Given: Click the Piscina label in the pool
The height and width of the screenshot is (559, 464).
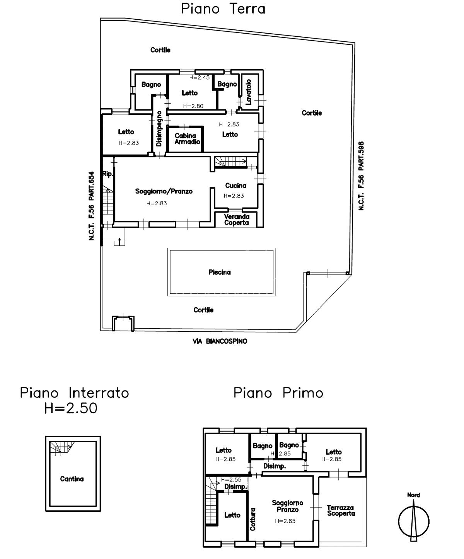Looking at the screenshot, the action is coord(220,272).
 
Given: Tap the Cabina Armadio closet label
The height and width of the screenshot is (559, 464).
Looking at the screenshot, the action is coord(187,139).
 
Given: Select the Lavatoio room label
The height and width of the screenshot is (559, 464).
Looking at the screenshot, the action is coord(249,92).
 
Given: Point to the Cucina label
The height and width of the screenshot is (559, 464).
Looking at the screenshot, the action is coord(235,186).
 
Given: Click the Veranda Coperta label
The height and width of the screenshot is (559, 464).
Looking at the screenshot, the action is coord(237,220).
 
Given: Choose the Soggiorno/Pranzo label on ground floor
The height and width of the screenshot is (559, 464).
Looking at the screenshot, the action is coord(164,191).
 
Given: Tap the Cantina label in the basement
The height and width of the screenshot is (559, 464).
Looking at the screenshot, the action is coord(72,479).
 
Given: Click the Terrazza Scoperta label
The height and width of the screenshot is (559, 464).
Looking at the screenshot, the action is coord(341,511).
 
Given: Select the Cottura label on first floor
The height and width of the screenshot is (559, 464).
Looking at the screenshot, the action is coord(253,519).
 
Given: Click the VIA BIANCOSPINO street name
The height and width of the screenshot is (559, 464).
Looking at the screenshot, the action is coord(220,341).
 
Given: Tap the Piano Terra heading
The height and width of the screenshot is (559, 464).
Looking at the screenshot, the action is coord(223,9).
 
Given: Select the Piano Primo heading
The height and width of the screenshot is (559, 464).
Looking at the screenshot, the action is coord(278,393).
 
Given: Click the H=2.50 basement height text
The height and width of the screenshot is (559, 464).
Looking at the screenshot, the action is coord(71,408).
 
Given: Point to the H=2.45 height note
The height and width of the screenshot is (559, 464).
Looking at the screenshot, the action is coord(200,77).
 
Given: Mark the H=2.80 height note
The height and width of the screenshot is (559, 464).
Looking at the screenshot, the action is coord(193,106).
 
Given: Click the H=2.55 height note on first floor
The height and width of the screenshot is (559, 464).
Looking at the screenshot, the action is coord(231,480).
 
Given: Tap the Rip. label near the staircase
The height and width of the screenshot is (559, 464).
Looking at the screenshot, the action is coord(107,174).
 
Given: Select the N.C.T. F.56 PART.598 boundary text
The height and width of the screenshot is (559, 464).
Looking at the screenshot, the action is coord(361,176).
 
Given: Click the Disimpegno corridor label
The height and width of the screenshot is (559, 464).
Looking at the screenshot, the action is coord(159,129).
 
